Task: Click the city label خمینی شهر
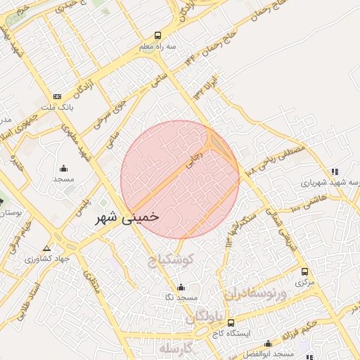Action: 127,217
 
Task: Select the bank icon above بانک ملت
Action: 57,96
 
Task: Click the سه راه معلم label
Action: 156,46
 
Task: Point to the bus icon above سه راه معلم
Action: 157,34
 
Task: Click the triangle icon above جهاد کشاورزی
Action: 47,248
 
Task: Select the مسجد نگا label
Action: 181,298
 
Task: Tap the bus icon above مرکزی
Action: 304,271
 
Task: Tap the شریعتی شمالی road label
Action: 289,233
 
